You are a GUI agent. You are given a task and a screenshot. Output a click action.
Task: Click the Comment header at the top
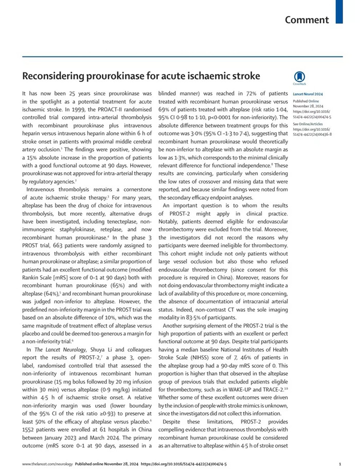click(x=307, y=20)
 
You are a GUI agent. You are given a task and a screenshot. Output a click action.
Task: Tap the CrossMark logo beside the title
click(x=299, y=78)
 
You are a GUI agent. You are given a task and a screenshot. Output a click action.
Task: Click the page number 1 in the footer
click(x=340, y=464)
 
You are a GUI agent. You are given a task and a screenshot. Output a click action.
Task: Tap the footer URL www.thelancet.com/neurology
click(x=47, y=464)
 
